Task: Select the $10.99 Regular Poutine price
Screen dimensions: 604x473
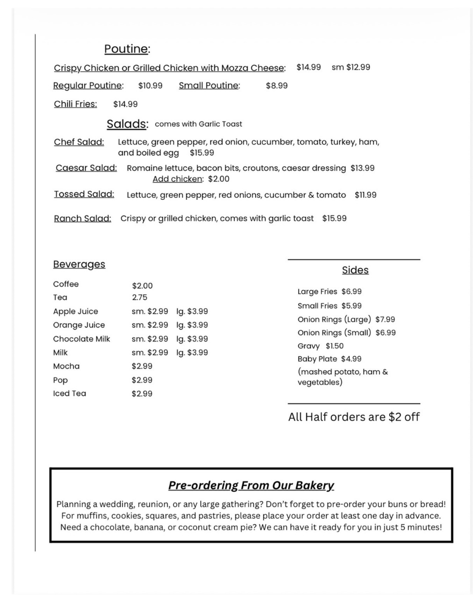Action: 150,86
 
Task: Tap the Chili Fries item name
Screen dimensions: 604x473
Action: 75,104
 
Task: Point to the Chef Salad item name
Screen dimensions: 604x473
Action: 79,142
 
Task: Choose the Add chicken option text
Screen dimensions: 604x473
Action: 177,179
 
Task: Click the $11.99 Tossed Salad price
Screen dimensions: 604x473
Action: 365,195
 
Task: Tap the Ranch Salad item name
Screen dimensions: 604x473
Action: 82,219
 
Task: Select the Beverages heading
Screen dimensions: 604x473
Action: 79,264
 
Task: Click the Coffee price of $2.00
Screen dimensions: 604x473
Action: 142,286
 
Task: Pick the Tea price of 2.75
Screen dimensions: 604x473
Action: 140,298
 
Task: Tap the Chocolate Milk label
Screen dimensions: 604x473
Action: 81,339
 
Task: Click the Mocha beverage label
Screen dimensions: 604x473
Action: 66,366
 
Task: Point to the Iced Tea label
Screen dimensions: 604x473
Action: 69,393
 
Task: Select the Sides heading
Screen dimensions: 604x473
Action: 355,270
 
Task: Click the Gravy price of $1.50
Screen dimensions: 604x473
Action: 334,346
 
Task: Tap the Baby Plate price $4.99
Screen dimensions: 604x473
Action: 351,359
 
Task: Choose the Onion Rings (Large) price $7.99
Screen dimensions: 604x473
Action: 385,319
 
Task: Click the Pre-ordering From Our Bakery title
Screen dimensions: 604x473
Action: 251,485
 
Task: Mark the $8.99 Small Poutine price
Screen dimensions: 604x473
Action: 277,86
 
